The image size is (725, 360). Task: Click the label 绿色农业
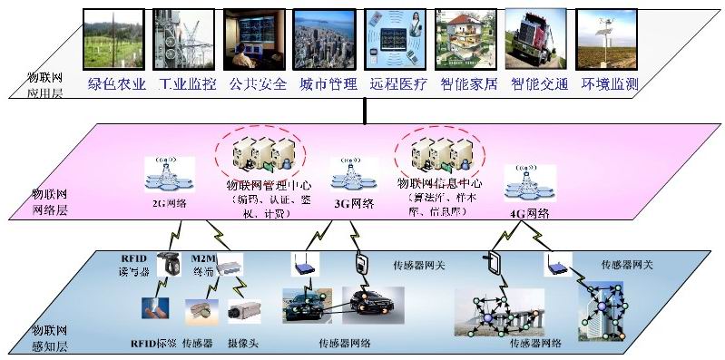pos(117,85)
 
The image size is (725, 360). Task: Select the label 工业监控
pos(188,85)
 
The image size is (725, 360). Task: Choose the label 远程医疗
pos(397,85)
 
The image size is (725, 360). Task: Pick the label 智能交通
pos(539,85)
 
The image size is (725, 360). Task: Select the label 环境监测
pos(609,85)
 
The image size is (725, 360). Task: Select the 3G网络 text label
pos(357,203)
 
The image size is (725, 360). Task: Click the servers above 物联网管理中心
pos(261,154)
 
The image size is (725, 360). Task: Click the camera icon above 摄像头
pos(245,309)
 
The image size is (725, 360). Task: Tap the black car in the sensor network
pos(373,304)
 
